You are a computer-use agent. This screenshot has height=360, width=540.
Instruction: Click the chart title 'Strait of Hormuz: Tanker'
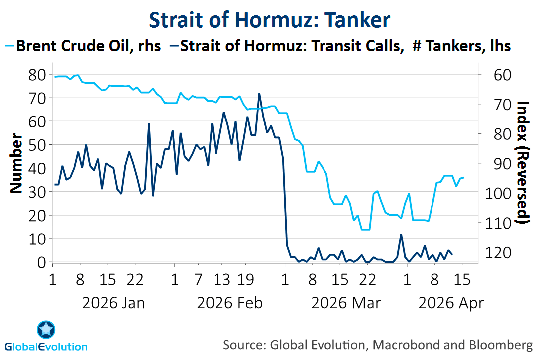pos(270,20)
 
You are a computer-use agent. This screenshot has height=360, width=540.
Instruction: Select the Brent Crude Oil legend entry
pos(87,46)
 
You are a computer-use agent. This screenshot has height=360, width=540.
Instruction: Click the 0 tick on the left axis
pos(42,262)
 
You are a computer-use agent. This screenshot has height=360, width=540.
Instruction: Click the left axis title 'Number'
pos(16,163)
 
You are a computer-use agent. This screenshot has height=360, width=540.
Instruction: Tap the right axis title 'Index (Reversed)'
pos(523,162)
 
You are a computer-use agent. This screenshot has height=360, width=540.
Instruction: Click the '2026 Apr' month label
pos(451,302)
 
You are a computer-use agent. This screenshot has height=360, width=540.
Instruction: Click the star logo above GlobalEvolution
pos(46,329)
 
